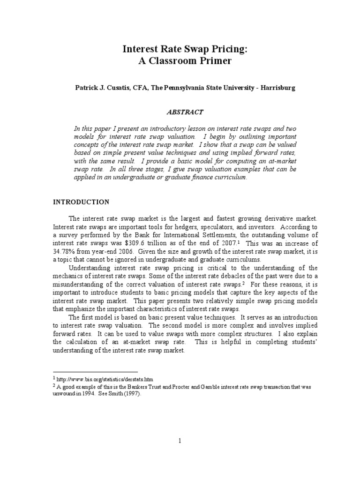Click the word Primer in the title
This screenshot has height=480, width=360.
click(213, 61)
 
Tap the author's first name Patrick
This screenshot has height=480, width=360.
click(78, 88)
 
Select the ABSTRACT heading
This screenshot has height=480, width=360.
click(186, 112)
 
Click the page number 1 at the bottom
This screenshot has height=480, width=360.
click(180, 441)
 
